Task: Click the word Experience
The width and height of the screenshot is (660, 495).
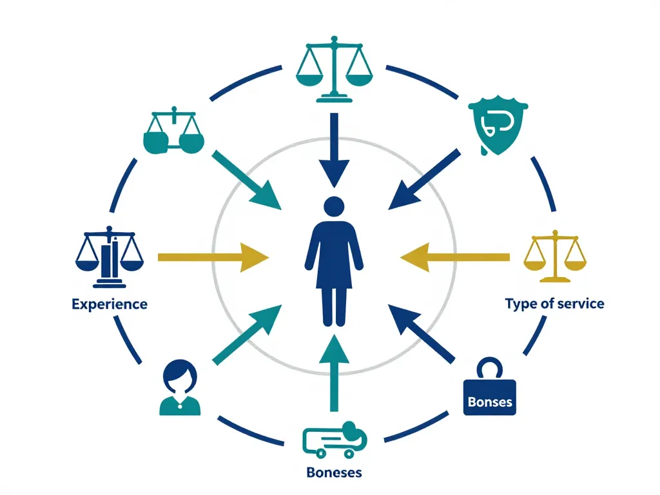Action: pyautogui.click(x=110, y=304)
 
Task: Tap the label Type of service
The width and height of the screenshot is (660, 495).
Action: pyautogui.click(x=554, y=303)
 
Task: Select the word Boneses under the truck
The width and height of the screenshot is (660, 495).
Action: pyautogui.click(x=334, y=472)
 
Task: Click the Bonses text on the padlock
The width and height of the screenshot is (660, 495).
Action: pyautogui.click(x=490, y=402)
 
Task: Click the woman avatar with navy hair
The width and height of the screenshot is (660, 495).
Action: pyautogui.click(x=179, y=387)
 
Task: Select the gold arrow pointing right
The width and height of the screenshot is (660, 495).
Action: pyautogui.click(x=213, y=258)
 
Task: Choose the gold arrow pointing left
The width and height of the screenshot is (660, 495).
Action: pyautogui.click(x=454, y=258)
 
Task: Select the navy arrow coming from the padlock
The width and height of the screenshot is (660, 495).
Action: pyautogui.click(x=422, y=335)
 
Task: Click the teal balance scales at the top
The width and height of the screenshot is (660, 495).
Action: pyautogui.click(x=334, y=70)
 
